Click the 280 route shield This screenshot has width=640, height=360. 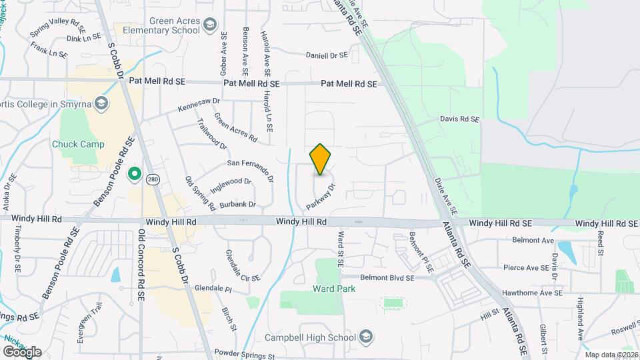(154, 179)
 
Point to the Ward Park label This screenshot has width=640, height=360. (333, 289)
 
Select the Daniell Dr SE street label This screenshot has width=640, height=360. (327, 55)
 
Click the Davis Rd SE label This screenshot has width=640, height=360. (459, 119)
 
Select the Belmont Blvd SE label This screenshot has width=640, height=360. (387, 277)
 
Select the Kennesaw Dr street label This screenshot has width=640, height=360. (198, 105)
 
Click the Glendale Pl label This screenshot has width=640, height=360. (213, 290)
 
